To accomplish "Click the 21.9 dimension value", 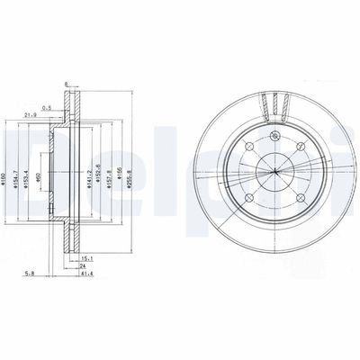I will (x=29, y=115).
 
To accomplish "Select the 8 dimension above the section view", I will (x=66, y=85).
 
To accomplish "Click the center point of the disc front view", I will (x=274, y=174).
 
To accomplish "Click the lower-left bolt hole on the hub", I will (x=251, y=196).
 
